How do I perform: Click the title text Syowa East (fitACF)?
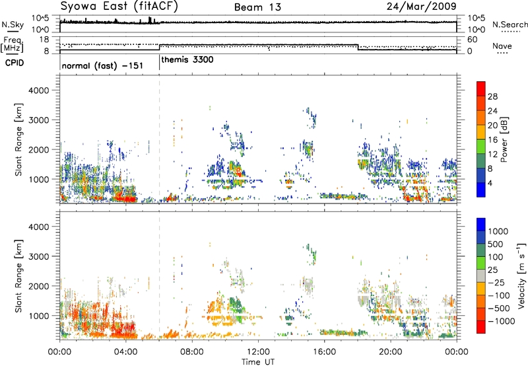(119, 7)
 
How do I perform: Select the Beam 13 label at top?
(257, 7)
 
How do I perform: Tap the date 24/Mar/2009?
(421, 7)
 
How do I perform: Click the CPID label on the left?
(15, 63)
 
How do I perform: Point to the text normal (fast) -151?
(102, 65)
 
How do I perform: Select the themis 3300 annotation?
(187, 60)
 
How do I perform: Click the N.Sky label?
(13, 24)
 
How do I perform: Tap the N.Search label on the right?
(510, 24)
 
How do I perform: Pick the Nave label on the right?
(502, 46)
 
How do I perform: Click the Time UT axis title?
(258, 362)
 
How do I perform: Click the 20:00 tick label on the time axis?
(390, 352)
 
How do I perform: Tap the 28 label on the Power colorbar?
(492, 96)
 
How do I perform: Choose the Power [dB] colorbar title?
(504, 139)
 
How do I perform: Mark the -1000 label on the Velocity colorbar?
(502, 321)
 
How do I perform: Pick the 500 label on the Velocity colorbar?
(496, 244)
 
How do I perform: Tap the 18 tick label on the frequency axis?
(44, 40)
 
